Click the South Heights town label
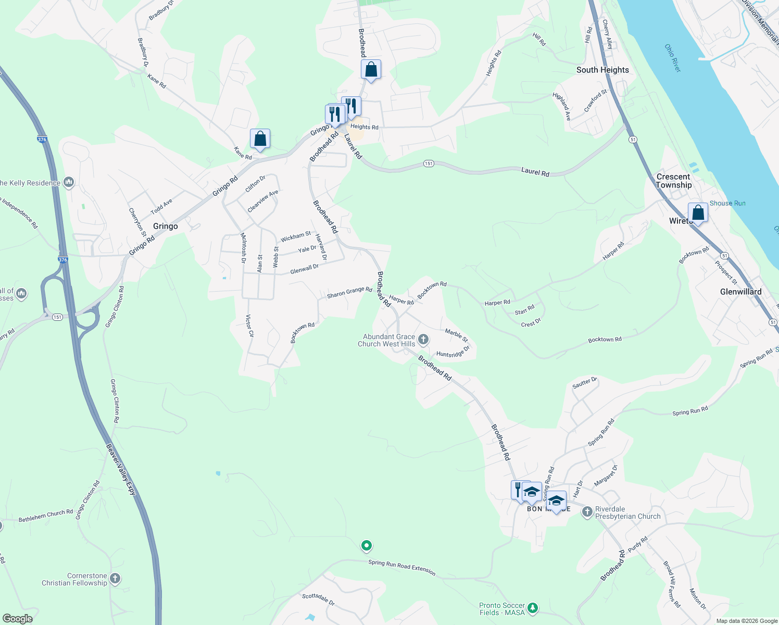tap(602, 70)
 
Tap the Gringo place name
tap(165, 226)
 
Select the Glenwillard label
tap(740, 292)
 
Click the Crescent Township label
tap(674, 181)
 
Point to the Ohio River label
tap(672, 58)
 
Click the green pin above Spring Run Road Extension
tap(367, 546)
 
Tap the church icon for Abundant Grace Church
tap(423, 340)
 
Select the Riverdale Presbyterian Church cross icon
tap(587, 512)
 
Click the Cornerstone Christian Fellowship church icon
tap(115, 579)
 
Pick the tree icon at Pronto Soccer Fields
tap(532, 608)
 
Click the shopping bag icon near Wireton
tap(698, 213)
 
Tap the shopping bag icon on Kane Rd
tap(260, 139)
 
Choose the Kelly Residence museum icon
tap(69, 182)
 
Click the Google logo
tap(17, 619)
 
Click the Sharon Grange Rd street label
tap(349, 292)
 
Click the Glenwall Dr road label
tap(304, 269)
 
